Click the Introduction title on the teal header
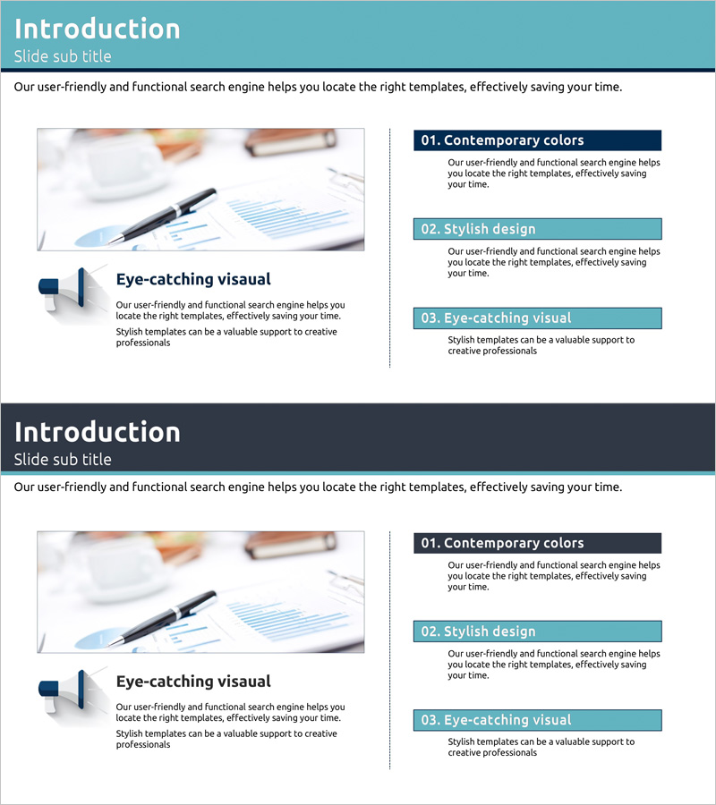tap(97, 29)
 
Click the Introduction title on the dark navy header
tap(97, 432)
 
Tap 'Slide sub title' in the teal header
tap(62, 56)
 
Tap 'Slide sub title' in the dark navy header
tap(62, 459)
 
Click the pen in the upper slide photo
tap(163, 216)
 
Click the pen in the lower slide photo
tap(163, 619)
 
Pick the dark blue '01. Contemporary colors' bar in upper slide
tap(537, 140)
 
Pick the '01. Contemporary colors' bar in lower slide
tap(537, 543)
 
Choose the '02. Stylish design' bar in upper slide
tap(537, 229)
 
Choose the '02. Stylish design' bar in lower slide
tap(537, 631)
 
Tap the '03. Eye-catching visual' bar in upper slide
tap(537, 318)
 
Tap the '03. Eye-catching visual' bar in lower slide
tap(537, 720)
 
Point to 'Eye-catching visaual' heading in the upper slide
tap(193, 279)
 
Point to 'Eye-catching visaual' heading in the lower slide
tap(193, 682)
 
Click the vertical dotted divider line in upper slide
tap(390, 248)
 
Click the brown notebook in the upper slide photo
tap(291, 141)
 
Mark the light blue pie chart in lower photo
tap(98, 638)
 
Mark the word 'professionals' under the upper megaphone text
tap(143, 343)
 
